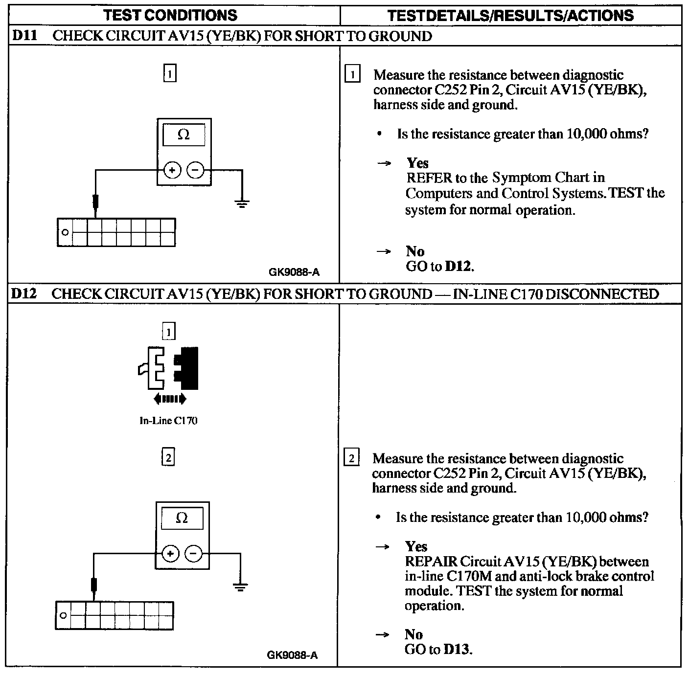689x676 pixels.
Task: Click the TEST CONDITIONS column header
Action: (x=171, y=15)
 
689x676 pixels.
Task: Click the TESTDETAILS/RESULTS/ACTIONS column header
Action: (x=510, y=15)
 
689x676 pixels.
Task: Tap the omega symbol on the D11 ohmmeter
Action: (x=184, y=135)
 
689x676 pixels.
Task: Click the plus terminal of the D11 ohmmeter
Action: (x=172, y=170)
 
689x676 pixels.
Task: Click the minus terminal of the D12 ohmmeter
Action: (x=194, y=554)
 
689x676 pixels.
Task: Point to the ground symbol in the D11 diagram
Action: (x=242, y=203)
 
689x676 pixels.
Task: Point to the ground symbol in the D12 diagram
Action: (x=240, y=587)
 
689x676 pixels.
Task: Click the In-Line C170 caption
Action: (x=168, y=421)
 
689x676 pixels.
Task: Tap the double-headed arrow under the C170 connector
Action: (x=169, y=399)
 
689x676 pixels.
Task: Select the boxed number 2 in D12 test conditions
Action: (x=168, y=457)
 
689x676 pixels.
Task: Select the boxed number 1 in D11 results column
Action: (x=352, y=75)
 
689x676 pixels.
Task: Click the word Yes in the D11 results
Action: (x=417, y=163)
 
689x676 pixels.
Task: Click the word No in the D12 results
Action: (x=413, y=634)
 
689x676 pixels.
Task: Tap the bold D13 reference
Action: (x=458, y=650)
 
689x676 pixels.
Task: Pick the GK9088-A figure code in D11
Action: (x=294, y=272)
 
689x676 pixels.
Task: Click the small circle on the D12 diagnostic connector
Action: (x=63, y=615)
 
